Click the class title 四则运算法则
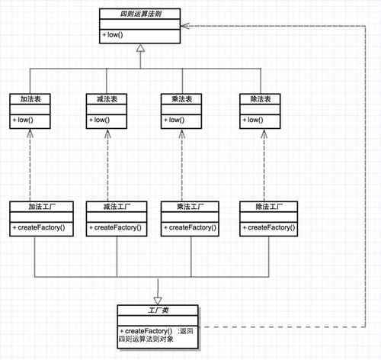point(141,14)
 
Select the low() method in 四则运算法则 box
point(113,34)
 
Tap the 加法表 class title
point(30,99)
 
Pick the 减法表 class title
point(107,99)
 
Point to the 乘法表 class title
point(182,99)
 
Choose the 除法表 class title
point(261,99)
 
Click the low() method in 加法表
point(23,120)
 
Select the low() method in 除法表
point(253,120)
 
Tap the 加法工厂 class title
point(42,207)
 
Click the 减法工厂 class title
point(117,207)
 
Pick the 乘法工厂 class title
point(190,207)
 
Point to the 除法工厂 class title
point(269,207)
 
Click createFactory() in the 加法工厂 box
point(39,227)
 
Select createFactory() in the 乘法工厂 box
point(190,227)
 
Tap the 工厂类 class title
point(158,310)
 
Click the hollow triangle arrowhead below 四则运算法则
point(140,48)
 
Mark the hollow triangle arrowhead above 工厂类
point(158,301)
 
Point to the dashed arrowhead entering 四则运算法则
point(185,26)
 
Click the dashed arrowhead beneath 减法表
point(107,134)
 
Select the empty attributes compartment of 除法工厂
point(269,217)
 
